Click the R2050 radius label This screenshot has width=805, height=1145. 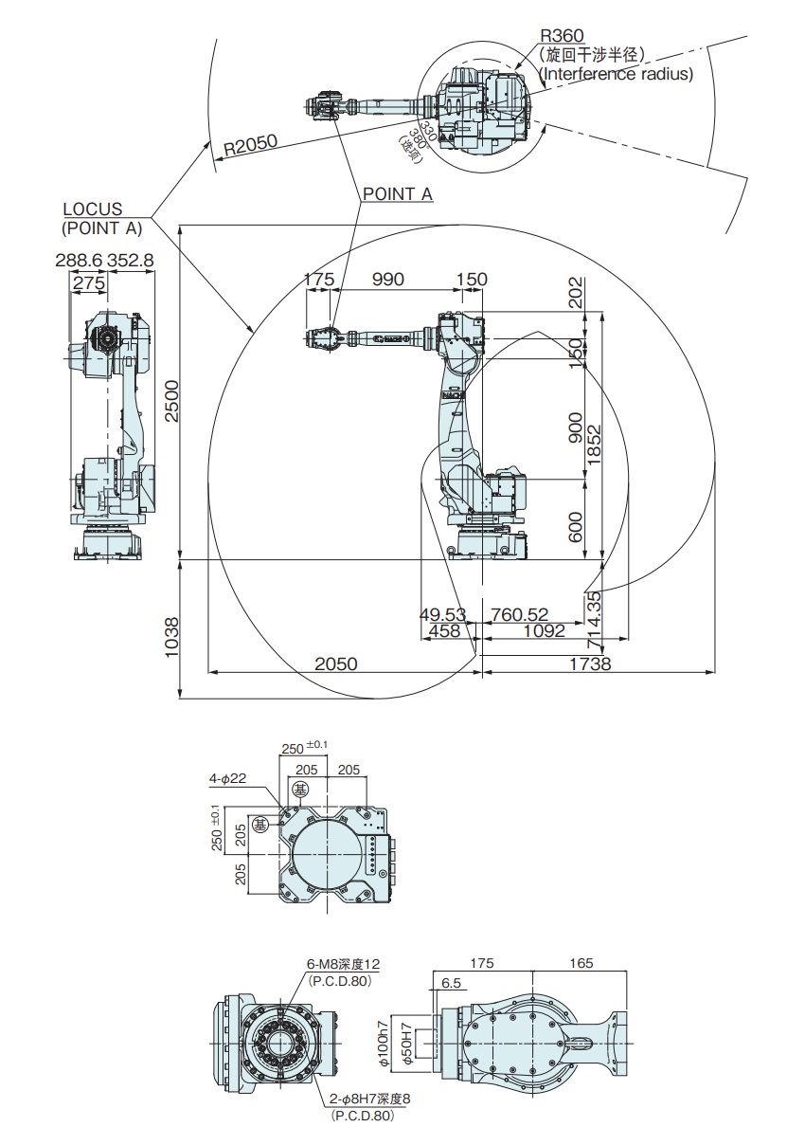[x=250, y=144]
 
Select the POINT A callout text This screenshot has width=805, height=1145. [x=398, y=193]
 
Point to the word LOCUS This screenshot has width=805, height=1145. [x=92, y=209]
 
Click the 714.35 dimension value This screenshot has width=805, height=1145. [x=593, y=612]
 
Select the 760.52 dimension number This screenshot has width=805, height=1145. [x=520, y=615]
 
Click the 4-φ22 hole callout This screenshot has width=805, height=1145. [x=228, y=779]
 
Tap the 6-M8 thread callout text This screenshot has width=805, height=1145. [x=343, y=964]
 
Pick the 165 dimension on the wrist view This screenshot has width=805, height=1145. [x=581, y=963]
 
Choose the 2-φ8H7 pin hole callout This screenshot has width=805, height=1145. [x=368, y=1100]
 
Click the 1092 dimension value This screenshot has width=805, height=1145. [x=541, y=630]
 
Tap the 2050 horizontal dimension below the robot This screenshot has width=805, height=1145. [x=336, y=663]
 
